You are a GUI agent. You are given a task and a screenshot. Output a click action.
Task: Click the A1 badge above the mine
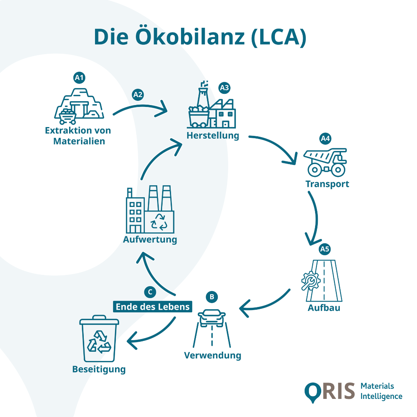coord(79,78)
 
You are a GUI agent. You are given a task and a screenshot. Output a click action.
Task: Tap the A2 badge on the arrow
coord(138,94)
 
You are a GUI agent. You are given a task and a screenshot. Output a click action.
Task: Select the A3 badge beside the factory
coord(224,88)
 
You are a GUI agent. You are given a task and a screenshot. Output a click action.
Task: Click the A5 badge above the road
coord(325,249)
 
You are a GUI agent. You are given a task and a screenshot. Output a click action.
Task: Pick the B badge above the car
coord(212,297)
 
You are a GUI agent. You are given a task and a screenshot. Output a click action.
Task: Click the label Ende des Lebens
coord(153,307)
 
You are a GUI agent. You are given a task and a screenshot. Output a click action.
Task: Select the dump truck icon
coord(325,161)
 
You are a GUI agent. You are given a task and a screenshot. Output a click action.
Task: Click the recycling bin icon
coord(99,339)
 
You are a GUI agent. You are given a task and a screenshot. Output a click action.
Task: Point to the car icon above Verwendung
coord(212,318)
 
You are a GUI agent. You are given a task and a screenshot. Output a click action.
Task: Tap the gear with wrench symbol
coord(310,281)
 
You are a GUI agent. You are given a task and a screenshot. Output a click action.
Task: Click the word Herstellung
coord(213,136)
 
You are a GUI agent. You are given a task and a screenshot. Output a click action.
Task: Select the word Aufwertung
coord(150,239)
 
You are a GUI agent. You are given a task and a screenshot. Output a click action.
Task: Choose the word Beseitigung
coord(99,369)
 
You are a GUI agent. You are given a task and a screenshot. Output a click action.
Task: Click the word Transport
coord(327,184)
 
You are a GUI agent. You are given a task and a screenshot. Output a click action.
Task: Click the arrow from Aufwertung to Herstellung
coord(158,158)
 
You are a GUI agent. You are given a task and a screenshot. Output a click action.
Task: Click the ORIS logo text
coord(329,391)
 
